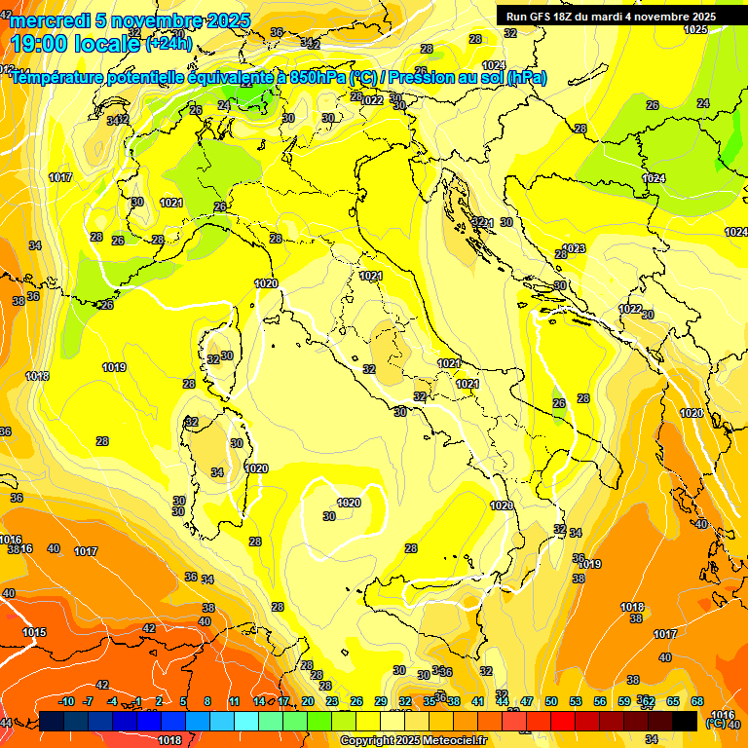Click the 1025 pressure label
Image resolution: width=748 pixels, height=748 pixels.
[695, 29]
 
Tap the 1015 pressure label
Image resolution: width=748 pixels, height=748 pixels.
[34, 632]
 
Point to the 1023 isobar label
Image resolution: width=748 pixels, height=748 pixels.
[575, 248]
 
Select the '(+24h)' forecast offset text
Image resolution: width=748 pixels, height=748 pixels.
[168, 43]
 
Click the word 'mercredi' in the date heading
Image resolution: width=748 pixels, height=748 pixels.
[50, 20]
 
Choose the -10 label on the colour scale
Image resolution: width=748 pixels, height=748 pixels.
[66, 701]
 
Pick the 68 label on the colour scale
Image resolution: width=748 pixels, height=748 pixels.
[697, 701]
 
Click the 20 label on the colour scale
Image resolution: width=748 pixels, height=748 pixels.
[308, 701]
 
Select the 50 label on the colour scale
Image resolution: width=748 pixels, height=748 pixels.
[551, 701]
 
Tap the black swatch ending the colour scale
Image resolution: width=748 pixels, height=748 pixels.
[685, 721]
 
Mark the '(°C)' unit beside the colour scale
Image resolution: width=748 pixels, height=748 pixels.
[715, 723]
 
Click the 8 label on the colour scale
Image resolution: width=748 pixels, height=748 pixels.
[207, 701]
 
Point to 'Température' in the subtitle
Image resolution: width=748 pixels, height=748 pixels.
[57, 77]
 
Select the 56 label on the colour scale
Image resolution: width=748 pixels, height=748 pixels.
[600, 701]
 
